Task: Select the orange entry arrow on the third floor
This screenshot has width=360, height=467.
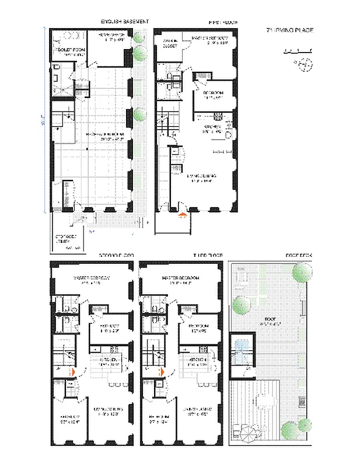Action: pos(162,370)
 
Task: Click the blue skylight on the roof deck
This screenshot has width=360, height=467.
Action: pos(240,349)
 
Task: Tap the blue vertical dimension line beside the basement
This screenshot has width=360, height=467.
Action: pos(45,123)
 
